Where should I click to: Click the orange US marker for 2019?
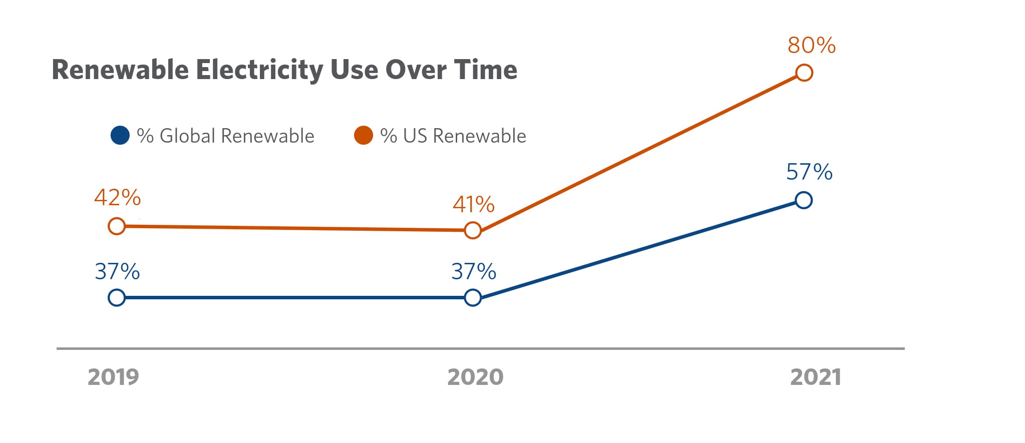click(x=117, y=226)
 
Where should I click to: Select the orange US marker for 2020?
click(x=473, y=230)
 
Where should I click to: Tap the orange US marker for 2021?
click(x=804, y=73)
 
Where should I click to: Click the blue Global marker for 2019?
click(x=117, y=298)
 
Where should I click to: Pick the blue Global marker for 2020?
click(x=473, y=298)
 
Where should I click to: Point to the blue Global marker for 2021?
click(x=803, y=200)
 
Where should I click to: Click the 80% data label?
click(x=811, y=46)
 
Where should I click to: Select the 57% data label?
click(x=809, y=172)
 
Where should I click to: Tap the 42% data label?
click(x=118, y=198)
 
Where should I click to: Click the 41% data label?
click(x=474, y=205)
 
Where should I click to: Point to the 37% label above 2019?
click(x=118, y=272)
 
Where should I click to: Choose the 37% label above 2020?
click(x=474, y=272)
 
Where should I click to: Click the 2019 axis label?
click(x=113, y=377)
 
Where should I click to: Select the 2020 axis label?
click(x=475, y=377)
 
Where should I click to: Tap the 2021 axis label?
click(x=815, y=377)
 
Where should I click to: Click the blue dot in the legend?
click(x=120, y=135)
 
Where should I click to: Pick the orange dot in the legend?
click(x=364, y=135)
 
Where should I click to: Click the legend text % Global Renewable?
click(x=225, y=136)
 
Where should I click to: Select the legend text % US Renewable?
click(x=453, y=136)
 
